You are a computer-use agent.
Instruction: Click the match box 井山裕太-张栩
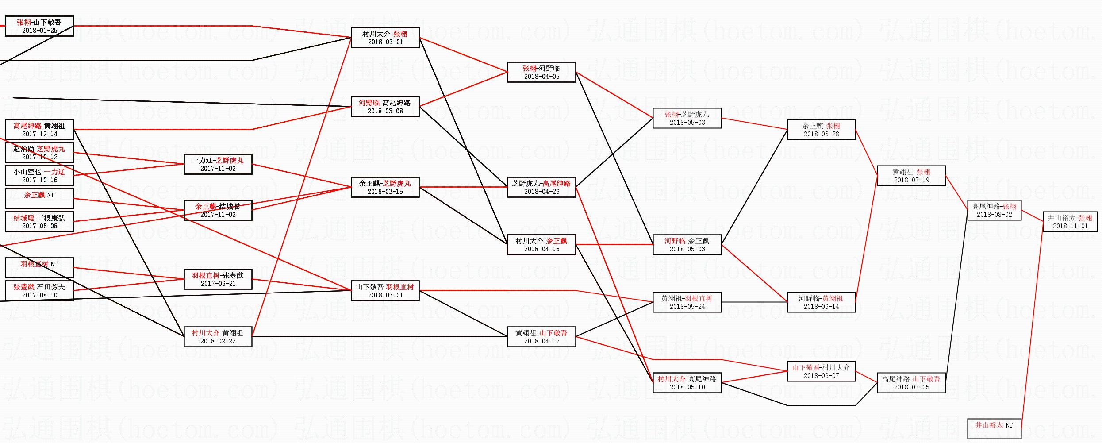[x=1071, y=222]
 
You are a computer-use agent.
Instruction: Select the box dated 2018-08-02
[x=994, y=210]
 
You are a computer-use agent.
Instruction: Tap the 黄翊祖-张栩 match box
[x=911, y=176]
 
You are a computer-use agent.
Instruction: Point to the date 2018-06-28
[x=821, y=134]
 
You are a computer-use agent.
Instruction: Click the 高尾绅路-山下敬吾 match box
[x=911, y=383]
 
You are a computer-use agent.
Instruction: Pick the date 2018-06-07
[x=821, y=376]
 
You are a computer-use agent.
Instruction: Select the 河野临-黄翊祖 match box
[x=821, y=302]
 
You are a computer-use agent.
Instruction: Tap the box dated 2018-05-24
[x=687, y=302]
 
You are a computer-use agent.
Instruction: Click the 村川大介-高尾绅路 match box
[x=687, y=383]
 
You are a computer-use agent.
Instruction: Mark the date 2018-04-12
[x=542, y=341]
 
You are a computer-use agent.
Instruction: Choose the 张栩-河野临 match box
[x=542, y=72]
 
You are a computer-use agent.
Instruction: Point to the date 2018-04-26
[x=542, y=192]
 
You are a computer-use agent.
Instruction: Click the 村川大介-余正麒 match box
[x=542, y=245]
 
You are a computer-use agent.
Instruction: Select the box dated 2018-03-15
[x=385, y=187]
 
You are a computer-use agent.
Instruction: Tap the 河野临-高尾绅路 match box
[x=385, y=107]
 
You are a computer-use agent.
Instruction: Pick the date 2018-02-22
[x=218, y=341]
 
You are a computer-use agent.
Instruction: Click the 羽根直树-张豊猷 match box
[x=218, y=279]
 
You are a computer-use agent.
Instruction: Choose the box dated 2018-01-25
[x=39, y=26]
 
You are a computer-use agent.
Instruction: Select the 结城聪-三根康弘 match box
[x=39, y=222]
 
